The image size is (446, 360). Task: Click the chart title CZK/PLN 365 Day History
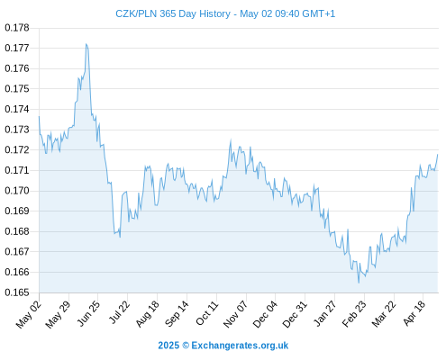pyautogui.click(x=173, y=13)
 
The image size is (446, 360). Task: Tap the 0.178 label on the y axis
pyautogui.click(x=17, y=28)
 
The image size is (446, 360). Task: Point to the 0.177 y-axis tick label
pyautogui.click(x=17, y=48)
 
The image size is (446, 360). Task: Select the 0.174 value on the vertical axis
pyautogui.click(x=17, y=109)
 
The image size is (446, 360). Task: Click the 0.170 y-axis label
pyautogui.click(x=17, y=191)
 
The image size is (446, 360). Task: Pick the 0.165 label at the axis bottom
pyautogui.click(x=17, y=292)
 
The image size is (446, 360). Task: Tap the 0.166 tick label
pyautogui.click(x=17, y=272)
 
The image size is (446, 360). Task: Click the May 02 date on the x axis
pyautogui.click(x=28, y=314)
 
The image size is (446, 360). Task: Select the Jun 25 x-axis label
pyautogui.click(x=88, y=313)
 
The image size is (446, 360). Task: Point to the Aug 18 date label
pyautogui.click(x=147, y=313)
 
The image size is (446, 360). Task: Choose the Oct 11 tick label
pyautogui.click(x=206, y=313)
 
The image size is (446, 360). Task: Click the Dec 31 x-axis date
pyautogui.click(x=295, y=314)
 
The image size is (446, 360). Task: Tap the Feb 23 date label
pyautogui.click(x=354, y=313)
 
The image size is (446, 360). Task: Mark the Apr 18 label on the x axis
pyautogui.click(x=414, y=313)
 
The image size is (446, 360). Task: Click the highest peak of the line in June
pyautogui.click(x=86, y=44)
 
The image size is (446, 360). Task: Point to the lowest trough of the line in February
pyautogui.click(x=359, y=283)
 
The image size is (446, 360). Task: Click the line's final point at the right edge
pyautogui.click(x=438, y=155)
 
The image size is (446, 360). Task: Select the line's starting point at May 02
pyautogui.click(x=39, y=116)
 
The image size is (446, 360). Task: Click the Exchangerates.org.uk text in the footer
pyautogui.click(x=240, y=346)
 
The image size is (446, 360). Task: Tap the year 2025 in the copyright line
pyautogui.click(x=168, y=346)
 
